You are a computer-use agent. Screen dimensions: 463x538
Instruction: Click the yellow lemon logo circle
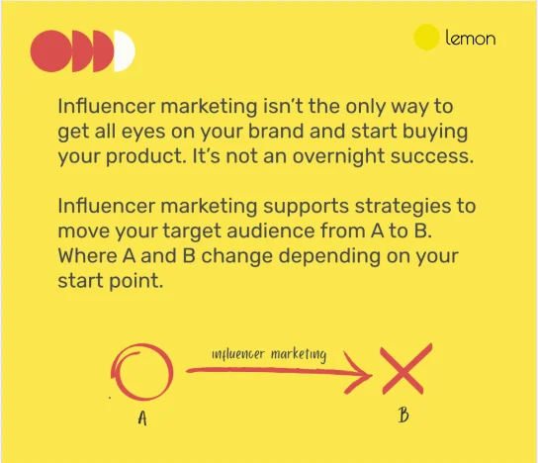coord(426,39)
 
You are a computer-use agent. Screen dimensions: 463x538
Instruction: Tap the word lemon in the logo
coord(471,40)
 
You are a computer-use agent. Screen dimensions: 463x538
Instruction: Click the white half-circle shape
coord(124,51)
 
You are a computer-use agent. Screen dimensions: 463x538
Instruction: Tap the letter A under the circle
coord(141,417)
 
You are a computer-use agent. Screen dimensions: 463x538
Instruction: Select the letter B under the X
coord(403,415)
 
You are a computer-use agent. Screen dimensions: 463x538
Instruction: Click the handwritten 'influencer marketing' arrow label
coord(269,354)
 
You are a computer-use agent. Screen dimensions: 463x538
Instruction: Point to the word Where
coord(87,257)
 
